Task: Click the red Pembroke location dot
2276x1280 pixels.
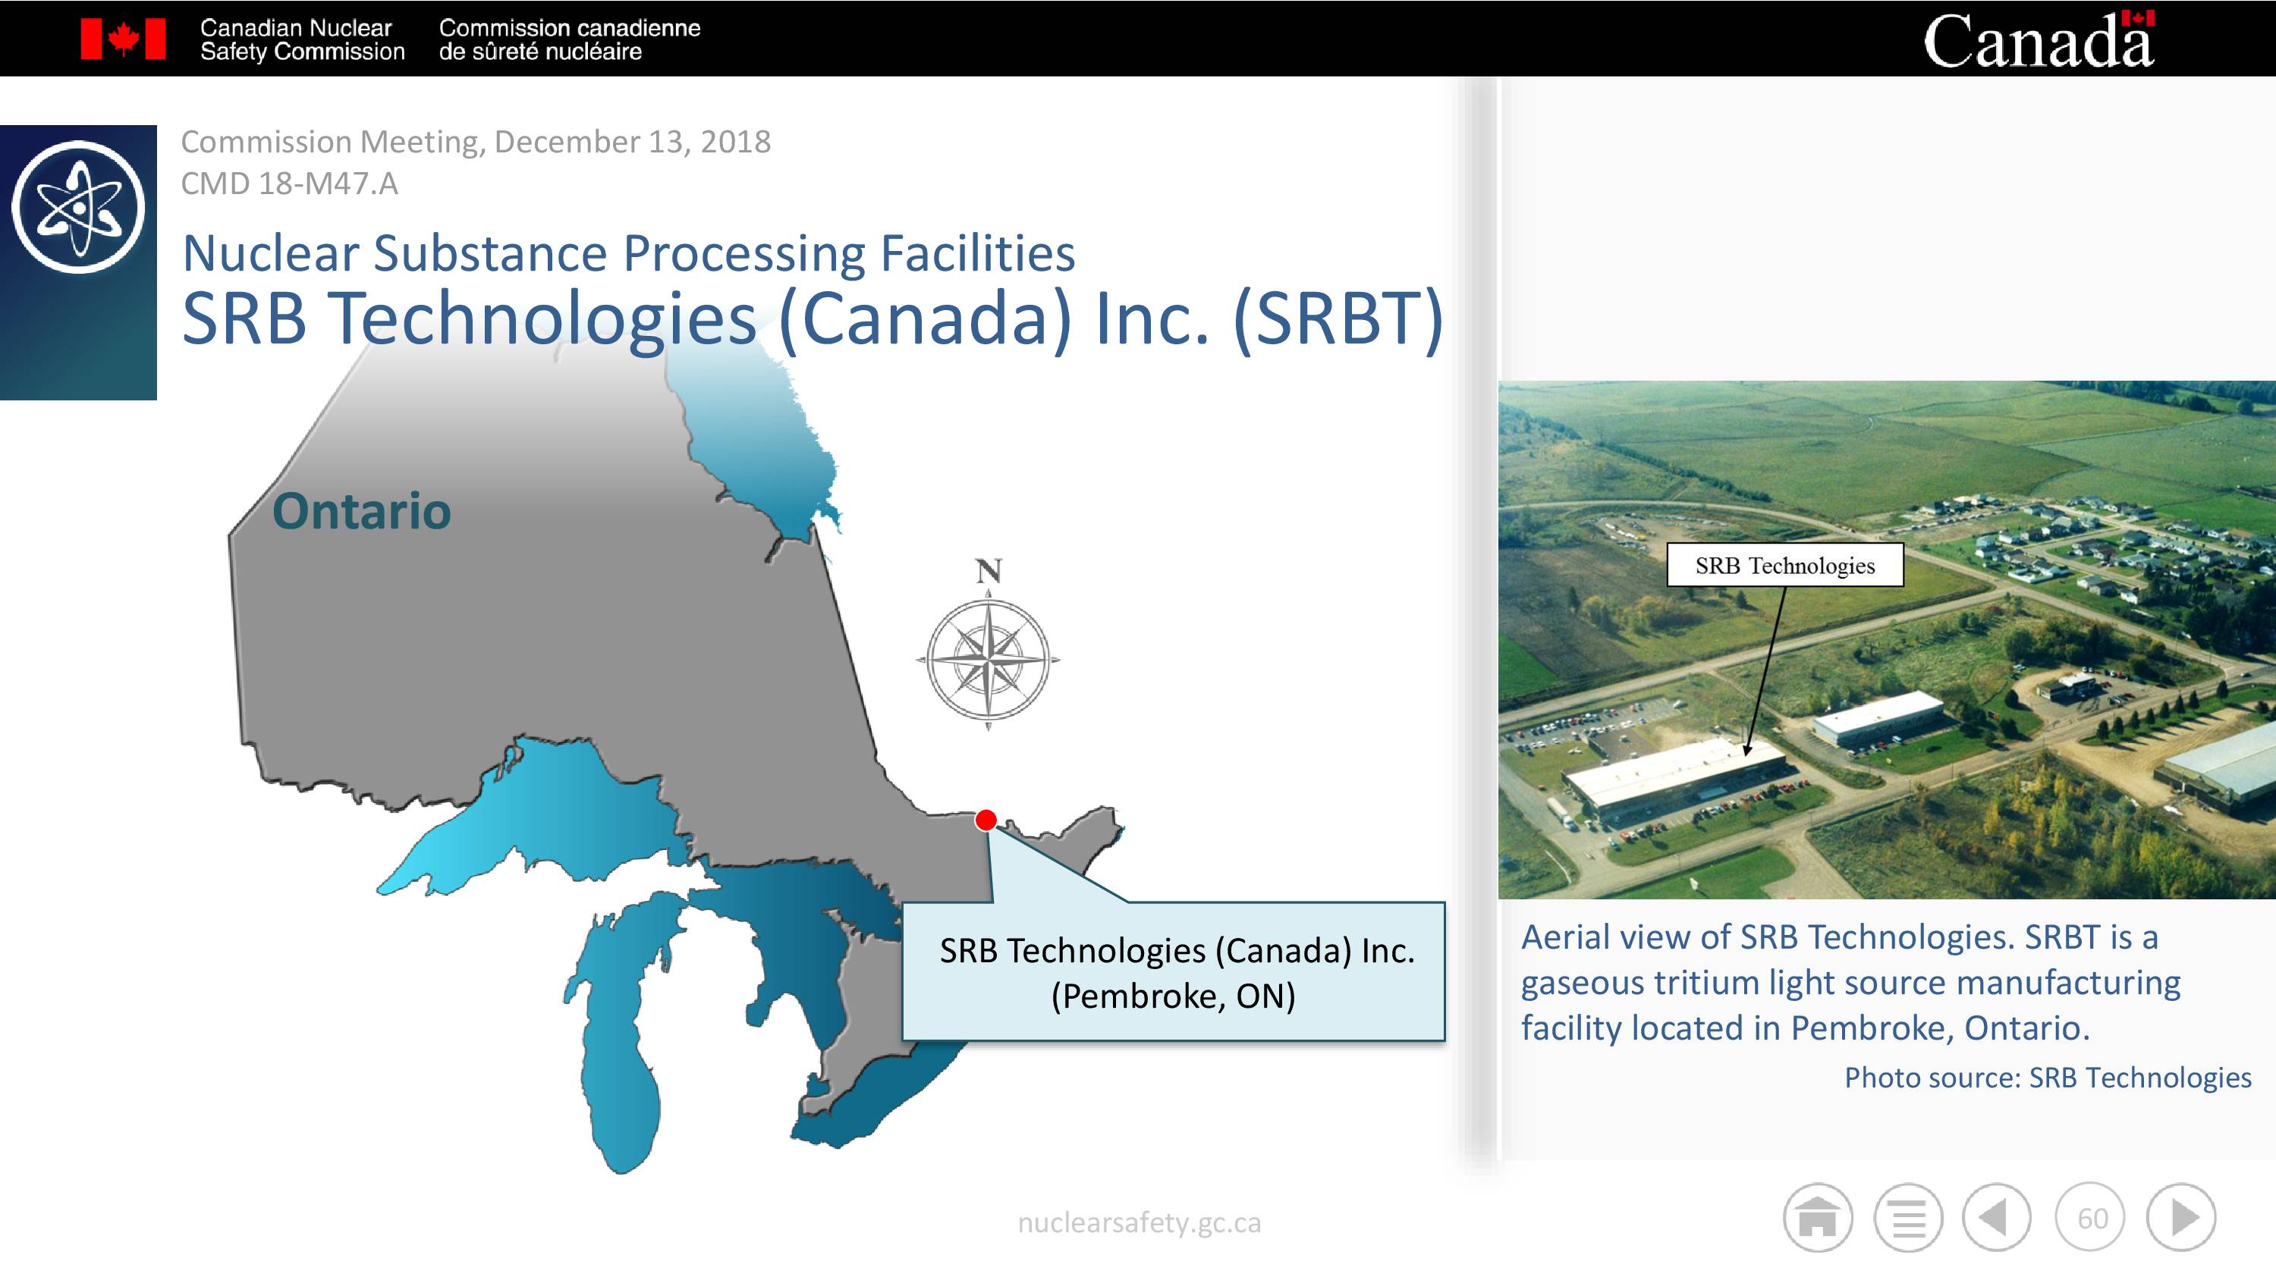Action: (986, 820)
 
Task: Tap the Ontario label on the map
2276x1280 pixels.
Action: (361, 510)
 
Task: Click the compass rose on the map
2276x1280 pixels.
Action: (989, 659)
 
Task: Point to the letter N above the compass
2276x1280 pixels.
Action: (989, 571)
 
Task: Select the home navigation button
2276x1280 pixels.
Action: (1818, 1218)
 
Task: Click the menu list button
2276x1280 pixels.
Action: (1909, 1218)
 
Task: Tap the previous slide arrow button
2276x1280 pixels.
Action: (1997, 1218)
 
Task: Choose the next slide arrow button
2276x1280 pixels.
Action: (2181, 1218)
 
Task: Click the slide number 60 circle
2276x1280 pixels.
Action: (2090, 1218)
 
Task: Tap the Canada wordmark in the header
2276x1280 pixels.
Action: (2039, 39)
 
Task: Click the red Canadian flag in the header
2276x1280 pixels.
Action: (123, 39)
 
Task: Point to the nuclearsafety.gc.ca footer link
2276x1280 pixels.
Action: (1139, 1222)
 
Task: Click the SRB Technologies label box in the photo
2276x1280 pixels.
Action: (1784, 566)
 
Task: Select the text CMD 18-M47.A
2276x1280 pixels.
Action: (289, 184)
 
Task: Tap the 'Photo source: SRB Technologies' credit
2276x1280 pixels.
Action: (2048, 1078)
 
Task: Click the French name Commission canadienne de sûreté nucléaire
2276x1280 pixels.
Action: (569, 39)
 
